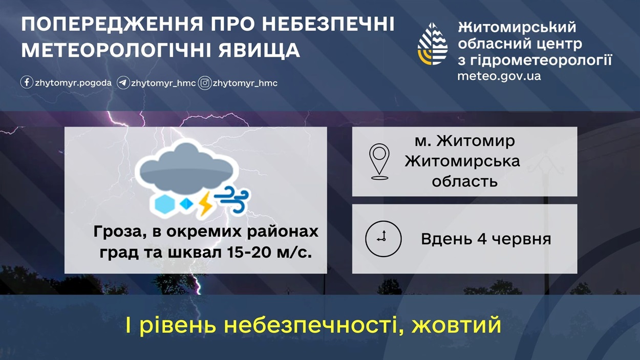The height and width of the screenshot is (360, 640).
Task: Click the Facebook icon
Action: point(27,83)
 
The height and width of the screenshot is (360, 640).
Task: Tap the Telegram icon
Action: point(123,83)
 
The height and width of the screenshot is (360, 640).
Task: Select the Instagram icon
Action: point(205,83)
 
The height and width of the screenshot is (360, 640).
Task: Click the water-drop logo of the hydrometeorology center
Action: point(433,44)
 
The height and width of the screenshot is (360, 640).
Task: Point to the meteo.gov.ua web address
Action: point(499,76)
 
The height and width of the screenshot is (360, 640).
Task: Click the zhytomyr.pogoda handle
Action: point(73,83)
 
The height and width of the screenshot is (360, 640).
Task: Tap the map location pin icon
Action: point(379,162)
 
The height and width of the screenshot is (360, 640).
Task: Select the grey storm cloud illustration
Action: point(187,166)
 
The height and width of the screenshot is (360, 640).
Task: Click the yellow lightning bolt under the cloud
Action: point(205,203)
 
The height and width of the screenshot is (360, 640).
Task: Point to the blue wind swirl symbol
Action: point(232,199)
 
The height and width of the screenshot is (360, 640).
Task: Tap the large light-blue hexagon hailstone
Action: point(164,204)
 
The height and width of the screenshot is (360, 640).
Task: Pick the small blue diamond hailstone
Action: point(186,204)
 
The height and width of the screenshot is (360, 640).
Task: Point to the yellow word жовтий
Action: point(456,325)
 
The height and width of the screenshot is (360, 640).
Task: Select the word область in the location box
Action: point(464,181)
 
